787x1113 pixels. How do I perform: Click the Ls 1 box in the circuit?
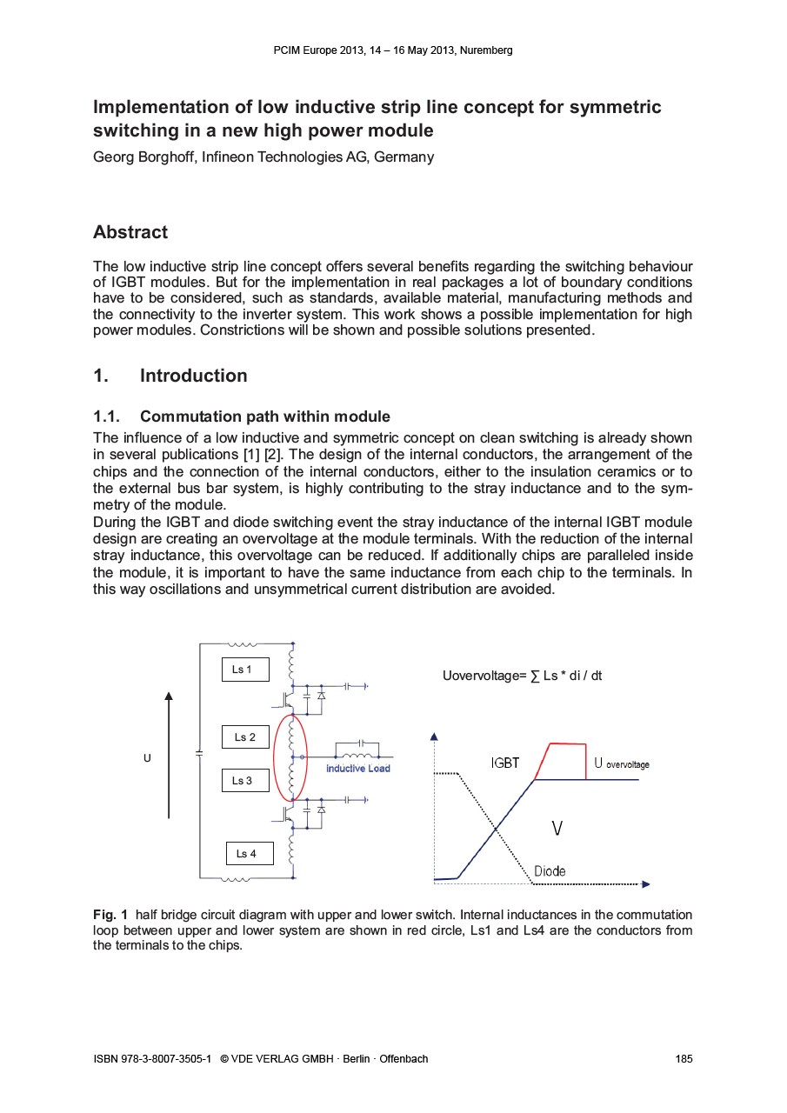(244, 670)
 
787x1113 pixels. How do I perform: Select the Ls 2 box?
(245, 736)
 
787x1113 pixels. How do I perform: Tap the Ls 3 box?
(243, 781)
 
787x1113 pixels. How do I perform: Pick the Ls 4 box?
(249, 854)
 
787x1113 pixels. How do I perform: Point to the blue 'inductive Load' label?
(358, 769)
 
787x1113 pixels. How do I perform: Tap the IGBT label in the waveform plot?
(504, 763)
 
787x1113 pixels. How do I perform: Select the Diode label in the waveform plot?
(550, 871)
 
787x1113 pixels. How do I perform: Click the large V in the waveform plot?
(557, 830)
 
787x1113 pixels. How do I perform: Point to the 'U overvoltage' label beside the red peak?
(622, 763)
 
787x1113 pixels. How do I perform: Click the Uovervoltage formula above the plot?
(522, 676)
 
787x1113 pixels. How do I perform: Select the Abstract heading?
(130, 232)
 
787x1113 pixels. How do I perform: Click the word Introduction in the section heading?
(193, 376)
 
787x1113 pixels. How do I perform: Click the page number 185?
(684, 1059)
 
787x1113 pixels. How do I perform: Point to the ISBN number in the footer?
(152, 1059)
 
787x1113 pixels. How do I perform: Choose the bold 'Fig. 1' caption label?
(110, 915)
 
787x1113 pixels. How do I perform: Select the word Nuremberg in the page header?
(487, 50)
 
